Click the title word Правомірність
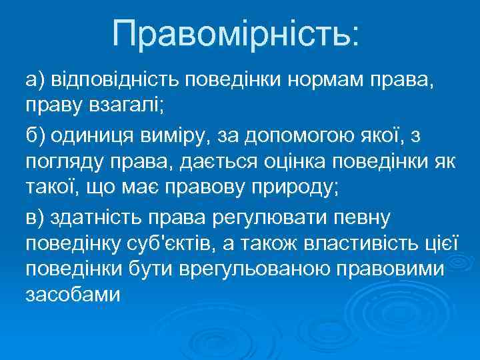click(235, 33)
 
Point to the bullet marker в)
click(35, 216)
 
